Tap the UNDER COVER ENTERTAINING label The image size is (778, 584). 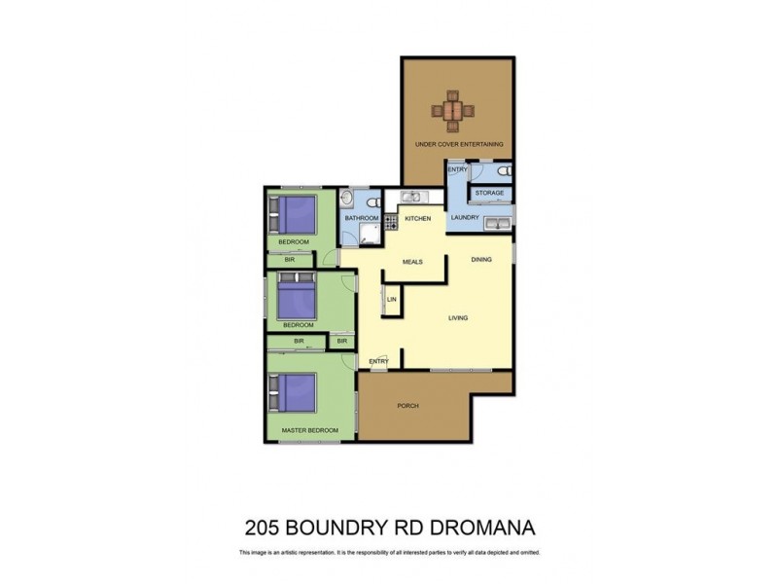(x=459, y=145)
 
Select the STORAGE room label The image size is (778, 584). (x=489, y=193)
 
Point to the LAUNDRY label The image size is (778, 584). (x=464, y=217)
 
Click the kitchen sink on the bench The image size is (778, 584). (x=410, y=196)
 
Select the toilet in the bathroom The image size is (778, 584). (x=370, y=198)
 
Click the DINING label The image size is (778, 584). (x=481, y=259)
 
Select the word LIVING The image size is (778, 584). (x=459, y=317)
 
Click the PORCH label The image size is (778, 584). (x=408, y=406)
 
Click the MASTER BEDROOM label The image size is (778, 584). (x=309, y=429)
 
